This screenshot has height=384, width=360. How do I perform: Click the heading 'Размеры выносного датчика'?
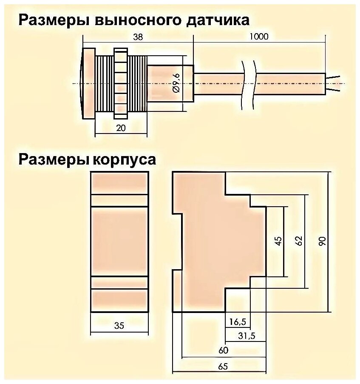[x=133, y=20]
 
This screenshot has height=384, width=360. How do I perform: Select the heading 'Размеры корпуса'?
[x=87, y=159]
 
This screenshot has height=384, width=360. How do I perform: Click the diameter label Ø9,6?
[x=176, y=84]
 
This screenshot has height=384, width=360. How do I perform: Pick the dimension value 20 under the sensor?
[x=121, y=128]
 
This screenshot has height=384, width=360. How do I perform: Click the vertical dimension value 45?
[x=278, y=241]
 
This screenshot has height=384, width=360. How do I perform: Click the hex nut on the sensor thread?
[x=121, y=83]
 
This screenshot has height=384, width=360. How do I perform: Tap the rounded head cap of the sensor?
[x=88, y=83]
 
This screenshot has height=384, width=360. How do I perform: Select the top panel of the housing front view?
[x=120, y=183]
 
